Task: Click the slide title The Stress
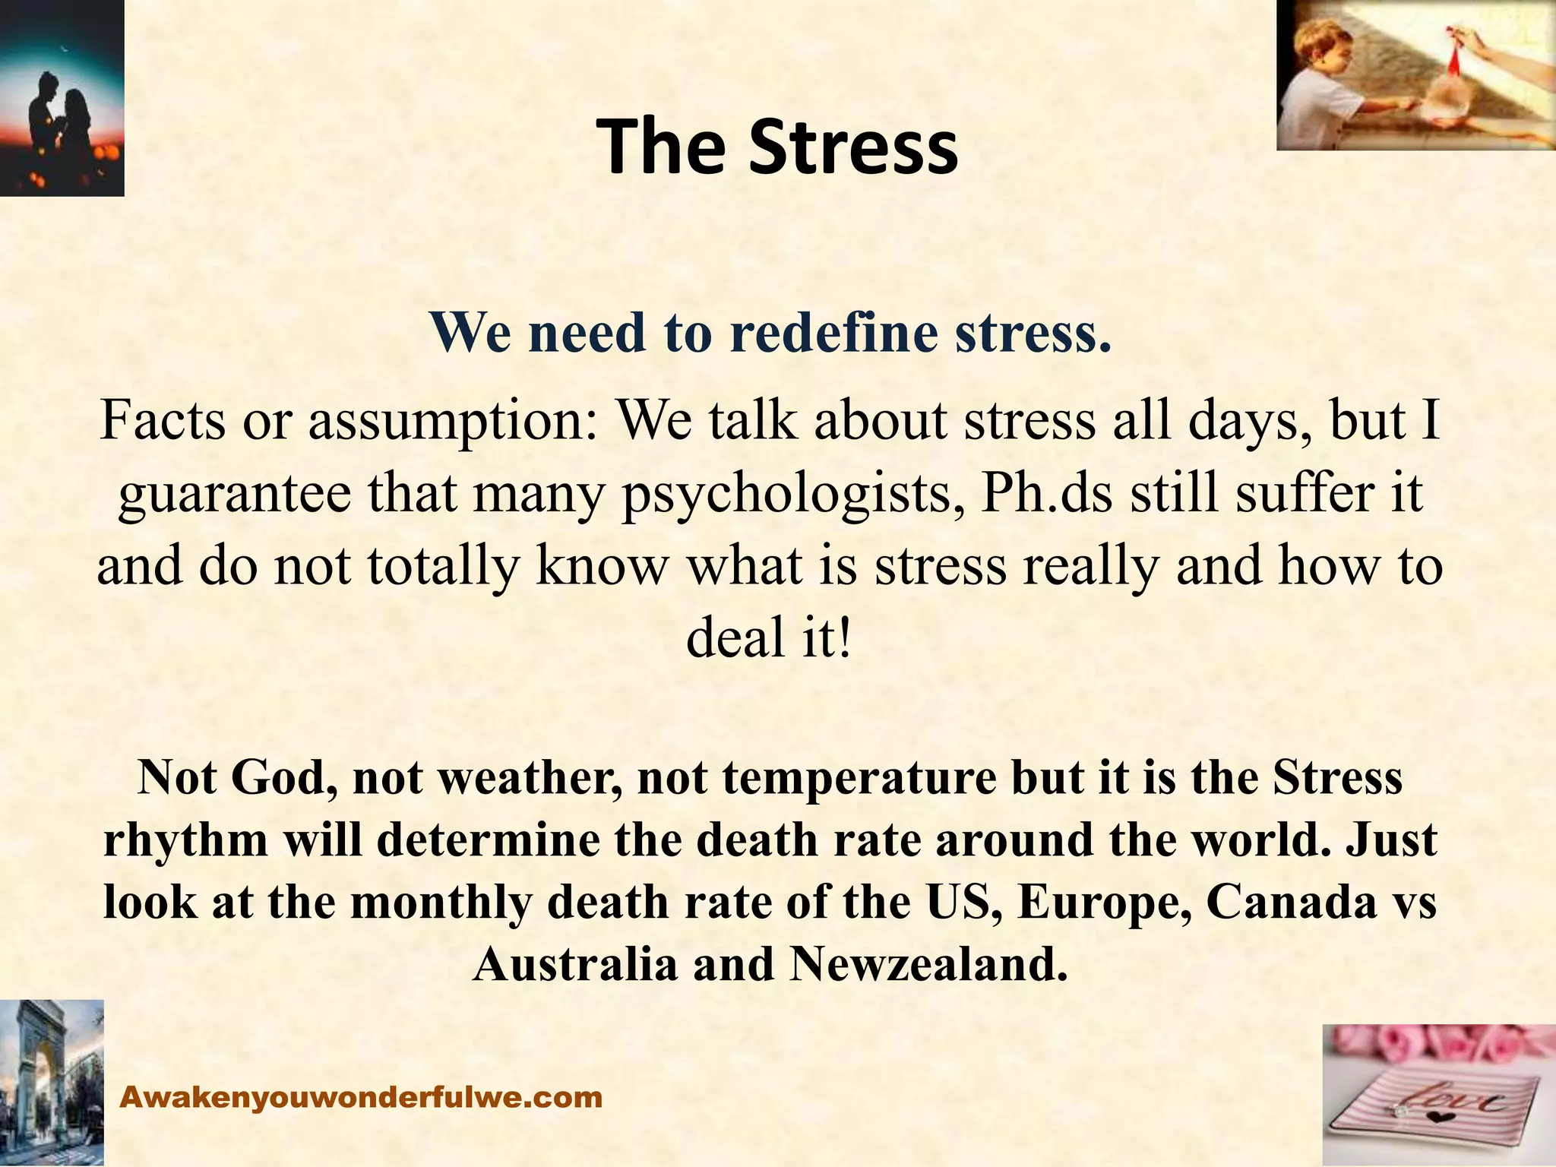[x=776, y=147]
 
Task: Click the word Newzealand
[x=924, y=965]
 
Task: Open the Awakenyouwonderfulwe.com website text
[x=362, y=1097]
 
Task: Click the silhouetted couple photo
[x=62, y=98]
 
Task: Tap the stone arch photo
[x=52, y=1083]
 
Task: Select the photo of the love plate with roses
[x=1439, y=1095]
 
